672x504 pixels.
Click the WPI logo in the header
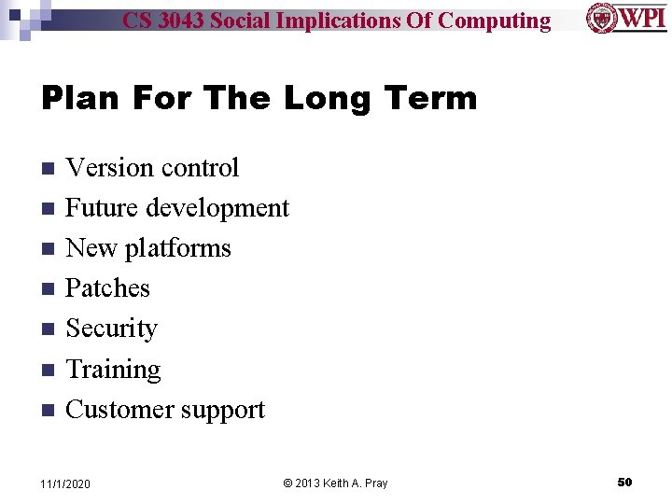[x=626, y=19]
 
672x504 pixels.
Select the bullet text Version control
[x=152, y=168]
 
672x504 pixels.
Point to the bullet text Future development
[x=177, y=208]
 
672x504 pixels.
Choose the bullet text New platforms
[x=148, y=248]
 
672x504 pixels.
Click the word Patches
[x=107, y=288]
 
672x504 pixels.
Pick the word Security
[x=111, y=329]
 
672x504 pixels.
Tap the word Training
[x=113, y=370]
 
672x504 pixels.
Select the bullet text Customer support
[x=165, y=410]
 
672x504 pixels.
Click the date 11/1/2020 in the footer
[x=65, y=483]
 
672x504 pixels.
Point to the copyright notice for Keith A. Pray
[x=335, y=483]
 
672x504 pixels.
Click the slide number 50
[x=624, y=483]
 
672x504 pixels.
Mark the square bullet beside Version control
[x=49, y=169]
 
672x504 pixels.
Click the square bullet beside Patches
[x=49, y=289]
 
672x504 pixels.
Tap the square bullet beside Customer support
[x=49, y=411]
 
